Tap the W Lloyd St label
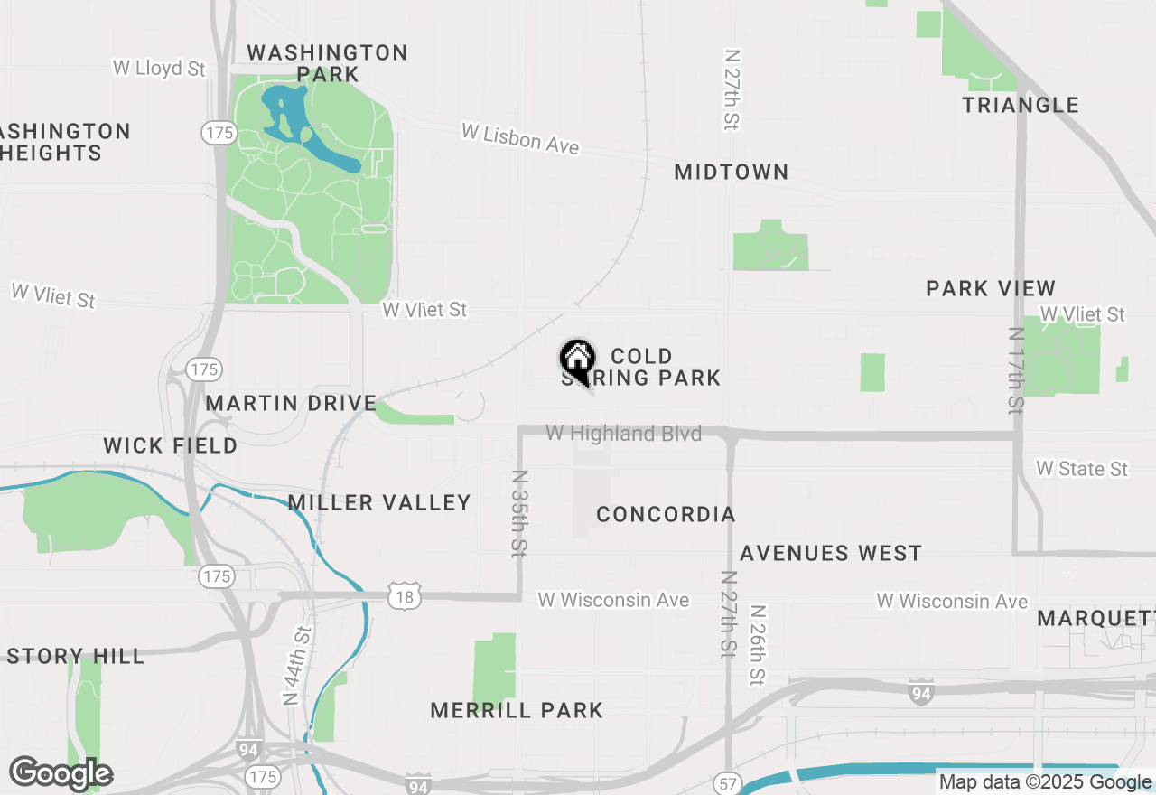(159, 68)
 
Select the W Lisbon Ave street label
(519, 138)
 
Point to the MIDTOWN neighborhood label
(732, 172)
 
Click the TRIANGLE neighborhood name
(1021, 105)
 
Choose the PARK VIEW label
(991, 288)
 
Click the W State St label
(1082, 468)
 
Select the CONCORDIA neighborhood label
(666, 514)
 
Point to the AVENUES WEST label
(831, 553)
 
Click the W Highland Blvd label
(623, 434)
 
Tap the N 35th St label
(520, 512)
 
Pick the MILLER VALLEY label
(379, 502)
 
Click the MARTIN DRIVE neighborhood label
(291, 403)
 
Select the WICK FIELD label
(170, 445)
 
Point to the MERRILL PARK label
(517, 710)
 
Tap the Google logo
(61, 773)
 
